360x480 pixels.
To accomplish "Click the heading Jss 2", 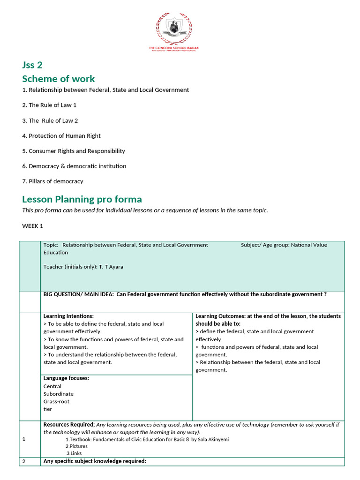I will tap(32, 65).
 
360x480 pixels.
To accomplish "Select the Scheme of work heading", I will tap(58, 78).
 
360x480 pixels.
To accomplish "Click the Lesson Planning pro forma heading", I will tap(82, 199).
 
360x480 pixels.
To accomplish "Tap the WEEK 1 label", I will tap(32, 226).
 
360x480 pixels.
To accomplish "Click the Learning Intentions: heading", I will tap(68, 316).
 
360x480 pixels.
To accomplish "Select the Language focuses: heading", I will tap(66, 378).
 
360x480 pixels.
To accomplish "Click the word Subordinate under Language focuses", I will tap(58, 394).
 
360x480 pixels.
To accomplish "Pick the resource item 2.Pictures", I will tap(77, 446).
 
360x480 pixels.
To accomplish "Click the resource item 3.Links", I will tap(74, 454).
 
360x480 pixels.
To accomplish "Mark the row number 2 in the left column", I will tap(24, 461).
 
